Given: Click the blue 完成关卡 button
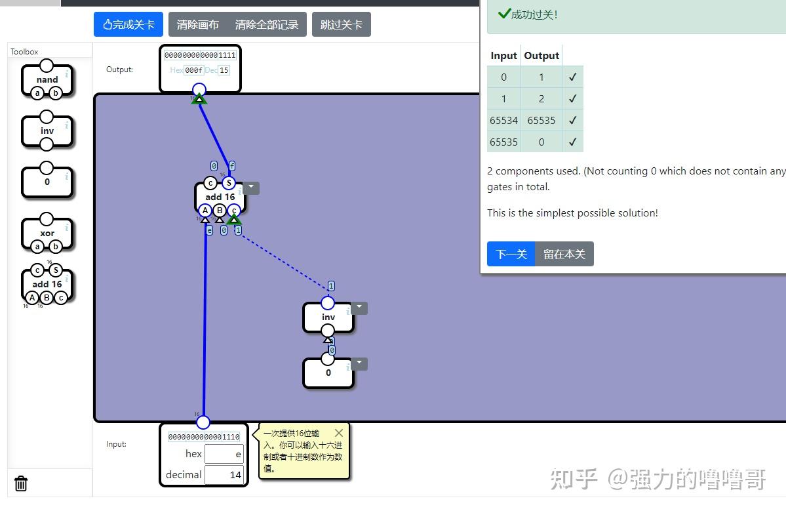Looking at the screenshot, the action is pos(128,25).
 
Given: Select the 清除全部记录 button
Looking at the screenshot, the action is pos(266,25).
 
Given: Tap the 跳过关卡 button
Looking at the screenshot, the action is pos(341,25).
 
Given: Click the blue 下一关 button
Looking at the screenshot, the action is pos(511,254).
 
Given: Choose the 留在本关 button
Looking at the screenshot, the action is pos(564,254).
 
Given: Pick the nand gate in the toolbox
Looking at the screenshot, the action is pos(47,80).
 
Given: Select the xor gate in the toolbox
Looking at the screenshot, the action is pos(47,233).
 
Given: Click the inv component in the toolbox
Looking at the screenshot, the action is pos(47,131).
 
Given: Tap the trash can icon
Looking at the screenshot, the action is pos(21,483).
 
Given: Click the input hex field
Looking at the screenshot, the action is pos(224,454).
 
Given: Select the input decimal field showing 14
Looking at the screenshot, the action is pos(224,474).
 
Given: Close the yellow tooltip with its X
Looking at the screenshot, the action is pos(338,433).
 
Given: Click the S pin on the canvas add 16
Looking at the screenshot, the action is pos(228,183).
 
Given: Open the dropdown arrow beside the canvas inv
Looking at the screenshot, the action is pos(359,308).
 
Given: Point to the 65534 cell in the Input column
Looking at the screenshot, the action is pos(503,121).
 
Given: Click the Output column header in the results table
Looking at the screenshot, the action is pos(541,56).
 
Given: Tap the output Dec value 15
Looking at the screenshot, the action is pos(224,70).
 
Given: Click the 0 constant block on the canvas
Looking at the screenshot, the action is pos(328,373).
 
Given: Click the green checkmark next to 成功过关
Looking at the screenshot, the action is pos(504,14).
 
